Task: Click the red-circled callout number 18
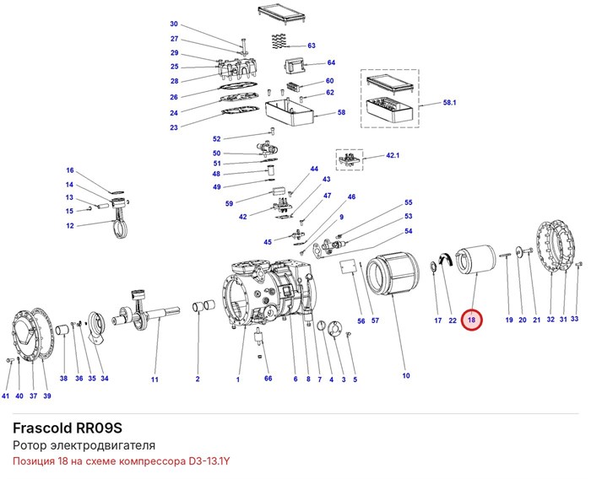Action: click(471, 320)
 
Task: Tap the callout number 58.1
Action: click(450, 102)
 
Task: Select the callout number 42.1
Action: click(393, 155)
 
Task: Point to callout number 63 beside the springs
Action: click(312, 46)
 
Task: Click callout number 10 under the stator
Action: click(406, 375)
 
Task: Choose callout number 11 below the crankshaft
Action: click(155, 379)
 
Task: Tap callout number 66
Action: click(268, 378)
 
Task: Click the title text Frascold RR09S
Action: click(68, 428)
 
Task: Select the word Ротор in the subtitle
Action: click(27, 445)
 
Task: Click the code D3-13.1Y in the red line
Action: click(209, 461)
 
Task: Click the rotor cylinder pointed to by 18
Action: click(476, 261)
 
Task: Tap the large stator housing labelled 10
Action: click(393, 274)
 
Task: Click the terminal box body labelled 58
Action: click(290, 113)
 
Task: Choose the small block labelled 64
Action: click(294, 67)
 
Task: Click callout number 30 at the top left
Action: click(174, 24)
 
